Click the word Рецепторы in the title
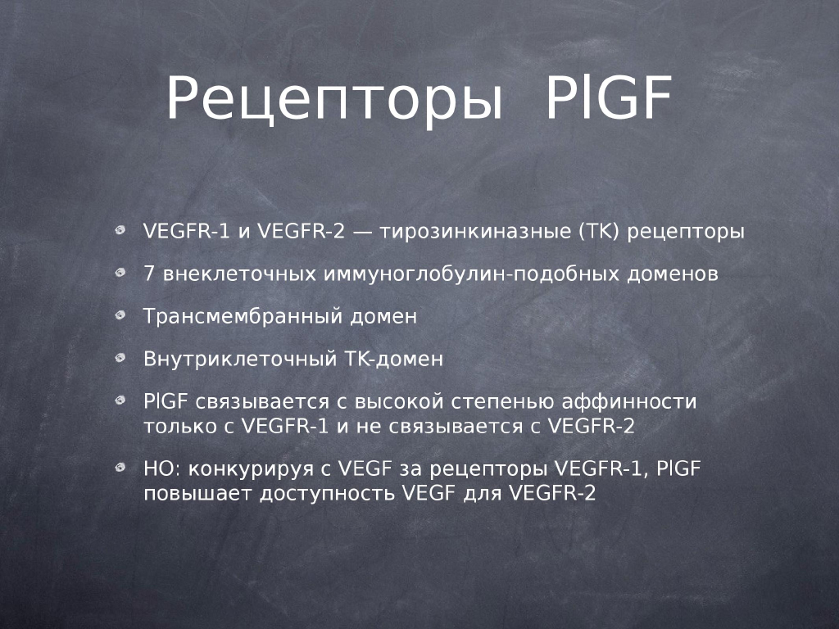click(x=334, y=100)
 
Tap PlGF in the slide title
click(x=609, y=98)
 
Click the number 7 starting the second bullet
click(x=149, y=274)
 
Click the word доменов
click(x=672, y=274)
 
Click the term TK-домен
click(x=392, y=359)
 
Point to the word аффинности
click(x=628, y=401)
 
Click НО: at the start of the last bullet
click(x=163, y=469)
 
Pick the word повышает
click(x=197, y=493)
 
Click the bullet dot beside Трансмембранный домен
click(x=120, y=315)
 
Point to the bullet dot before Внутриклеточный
click(x=120, y=357)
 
